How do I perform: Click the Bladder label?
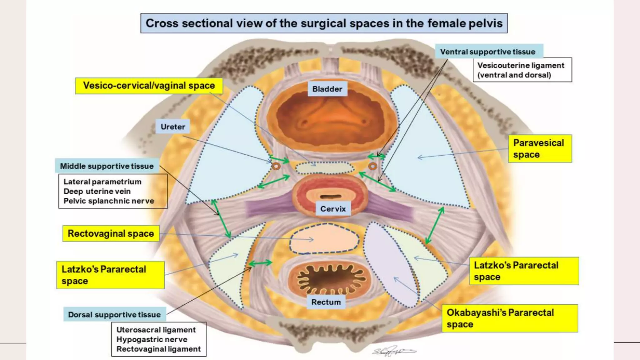(327, 89)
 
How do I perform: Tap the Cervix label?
(333, 209)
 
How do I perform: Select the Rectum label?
(326, 302)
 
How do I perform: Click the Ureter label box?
(173, 127)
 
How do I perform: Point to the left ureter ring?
(276, 166)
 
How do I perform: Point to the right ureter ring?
(372, 166)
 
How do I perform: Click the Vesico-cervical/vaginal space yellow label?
(149, 86)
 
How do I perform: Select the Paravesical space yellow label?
(540, 149)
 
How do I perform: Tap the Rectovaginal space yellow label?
(111, 233)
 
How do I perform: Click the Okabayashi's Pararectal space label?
(510, 318)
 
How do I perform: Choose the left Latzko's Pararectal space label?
(110, 275)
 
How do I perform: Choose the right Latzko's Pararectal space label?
(524, 271)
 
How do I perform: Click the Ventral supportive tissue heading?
(489, 52)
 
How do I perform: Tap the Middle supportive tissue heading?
(107, 166)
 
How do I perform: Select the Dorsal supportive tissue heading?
(114, 314)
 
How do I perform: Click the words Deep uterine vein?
(97, 191)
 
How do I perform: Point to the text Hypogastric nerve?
(152, 339)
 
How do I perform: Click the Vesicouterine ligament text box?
(522, 70)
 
